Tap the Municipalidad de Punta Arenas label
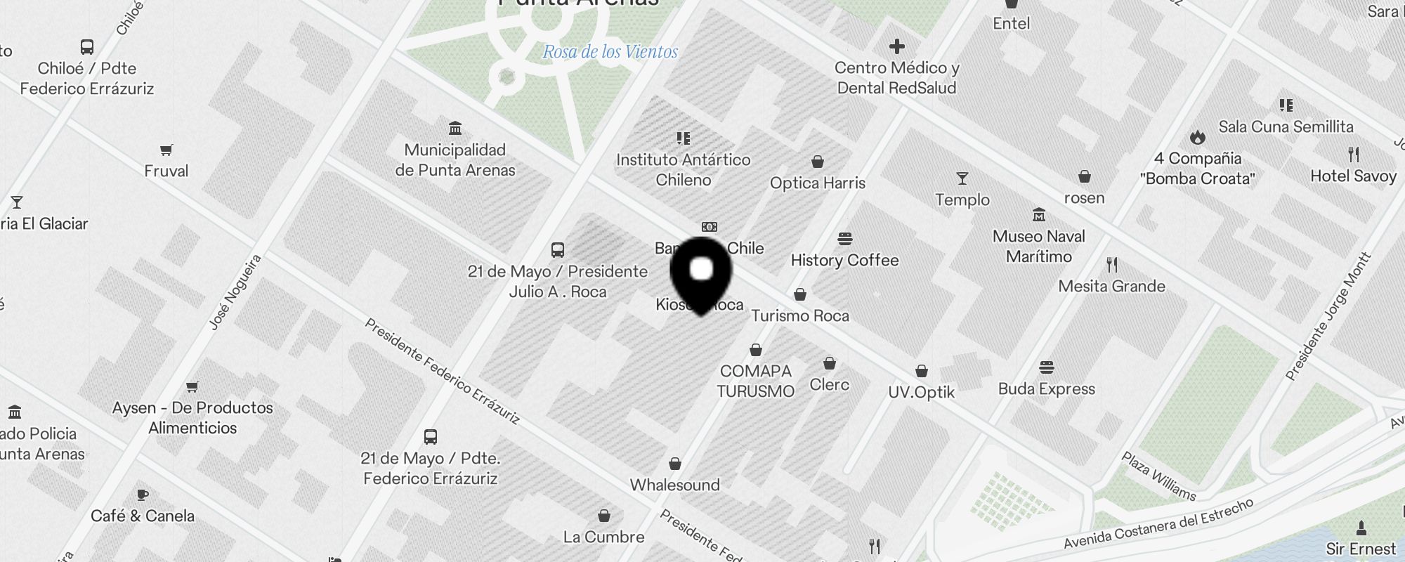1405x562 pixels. [x=455, y=160]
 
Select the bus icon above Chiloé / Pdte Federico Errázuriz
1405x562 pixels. [x=87, y=47]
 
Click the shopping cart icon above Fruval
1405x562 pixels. [x=166, y=150]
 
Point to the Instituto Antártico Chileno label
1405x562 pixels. [x=684, y=170]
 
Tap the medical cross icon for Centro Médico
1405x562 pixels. [x=896, y=47]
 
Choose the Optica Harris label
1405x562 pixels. [x=818, y=183]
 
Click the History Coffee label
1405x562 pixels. [x=844, y=261]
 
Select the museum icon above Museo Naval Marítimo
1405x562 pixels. [x=1038, y=215]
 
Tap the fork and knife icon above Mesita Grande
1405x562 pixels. [x=1111, y=265]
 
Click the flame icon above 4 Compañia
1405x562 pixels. [x=1197, y=137]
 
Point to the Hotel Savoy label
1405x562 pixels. [x=1353, y=176]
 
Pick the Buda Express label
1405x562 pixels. [x=1046, y=389]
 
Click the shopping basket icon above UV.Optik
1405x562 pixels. [x=921, y=371]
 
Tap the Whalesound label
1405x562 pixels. [x=674, y=485]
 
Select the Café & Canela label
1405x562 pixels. [x=143, y=516]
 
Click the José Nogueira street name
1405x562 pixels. [x=235, y=292]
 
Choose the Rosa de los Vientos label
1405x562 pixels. [x=610, y=52]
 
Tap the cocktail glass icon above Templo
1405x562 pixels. [x=962, y=178]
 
